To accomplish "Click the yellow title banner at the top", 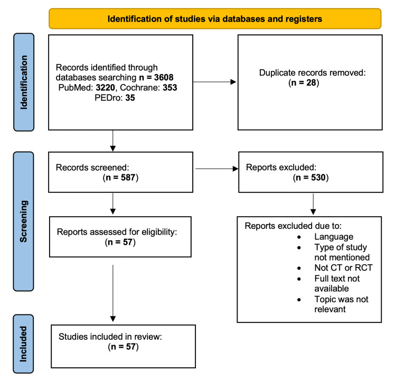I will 214,19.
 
